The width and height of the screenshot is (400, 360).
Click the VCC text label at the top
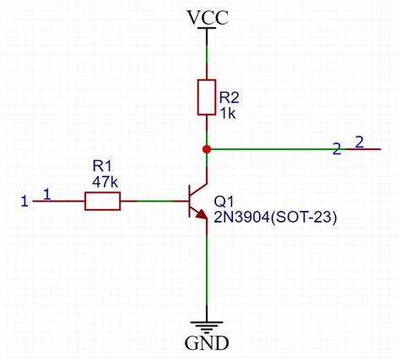pyautogui.click(x=208, y=15)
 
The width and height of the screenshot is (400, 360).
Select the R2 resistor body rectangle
pyautogui.click(x=208, y=97)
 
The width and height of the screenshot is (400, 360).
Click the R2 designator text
pyautogui.click(x=230, y=96)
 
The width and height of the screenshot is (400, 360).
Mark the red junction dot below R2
pyautogui.click(x=208, y=149)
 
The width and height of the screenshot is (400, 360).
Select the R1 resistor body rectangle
pyautogui.click(x=103, y=201)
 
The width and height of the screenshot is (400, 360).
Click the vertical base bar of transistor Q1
pyautogui.click(x=187, y=201)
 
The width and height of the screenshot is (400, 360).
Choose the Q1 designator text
pyautogui.click(x=224, y=202)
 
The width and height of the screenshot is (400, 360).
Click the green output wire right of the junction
pyautogui.click(x=270, y=149)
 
